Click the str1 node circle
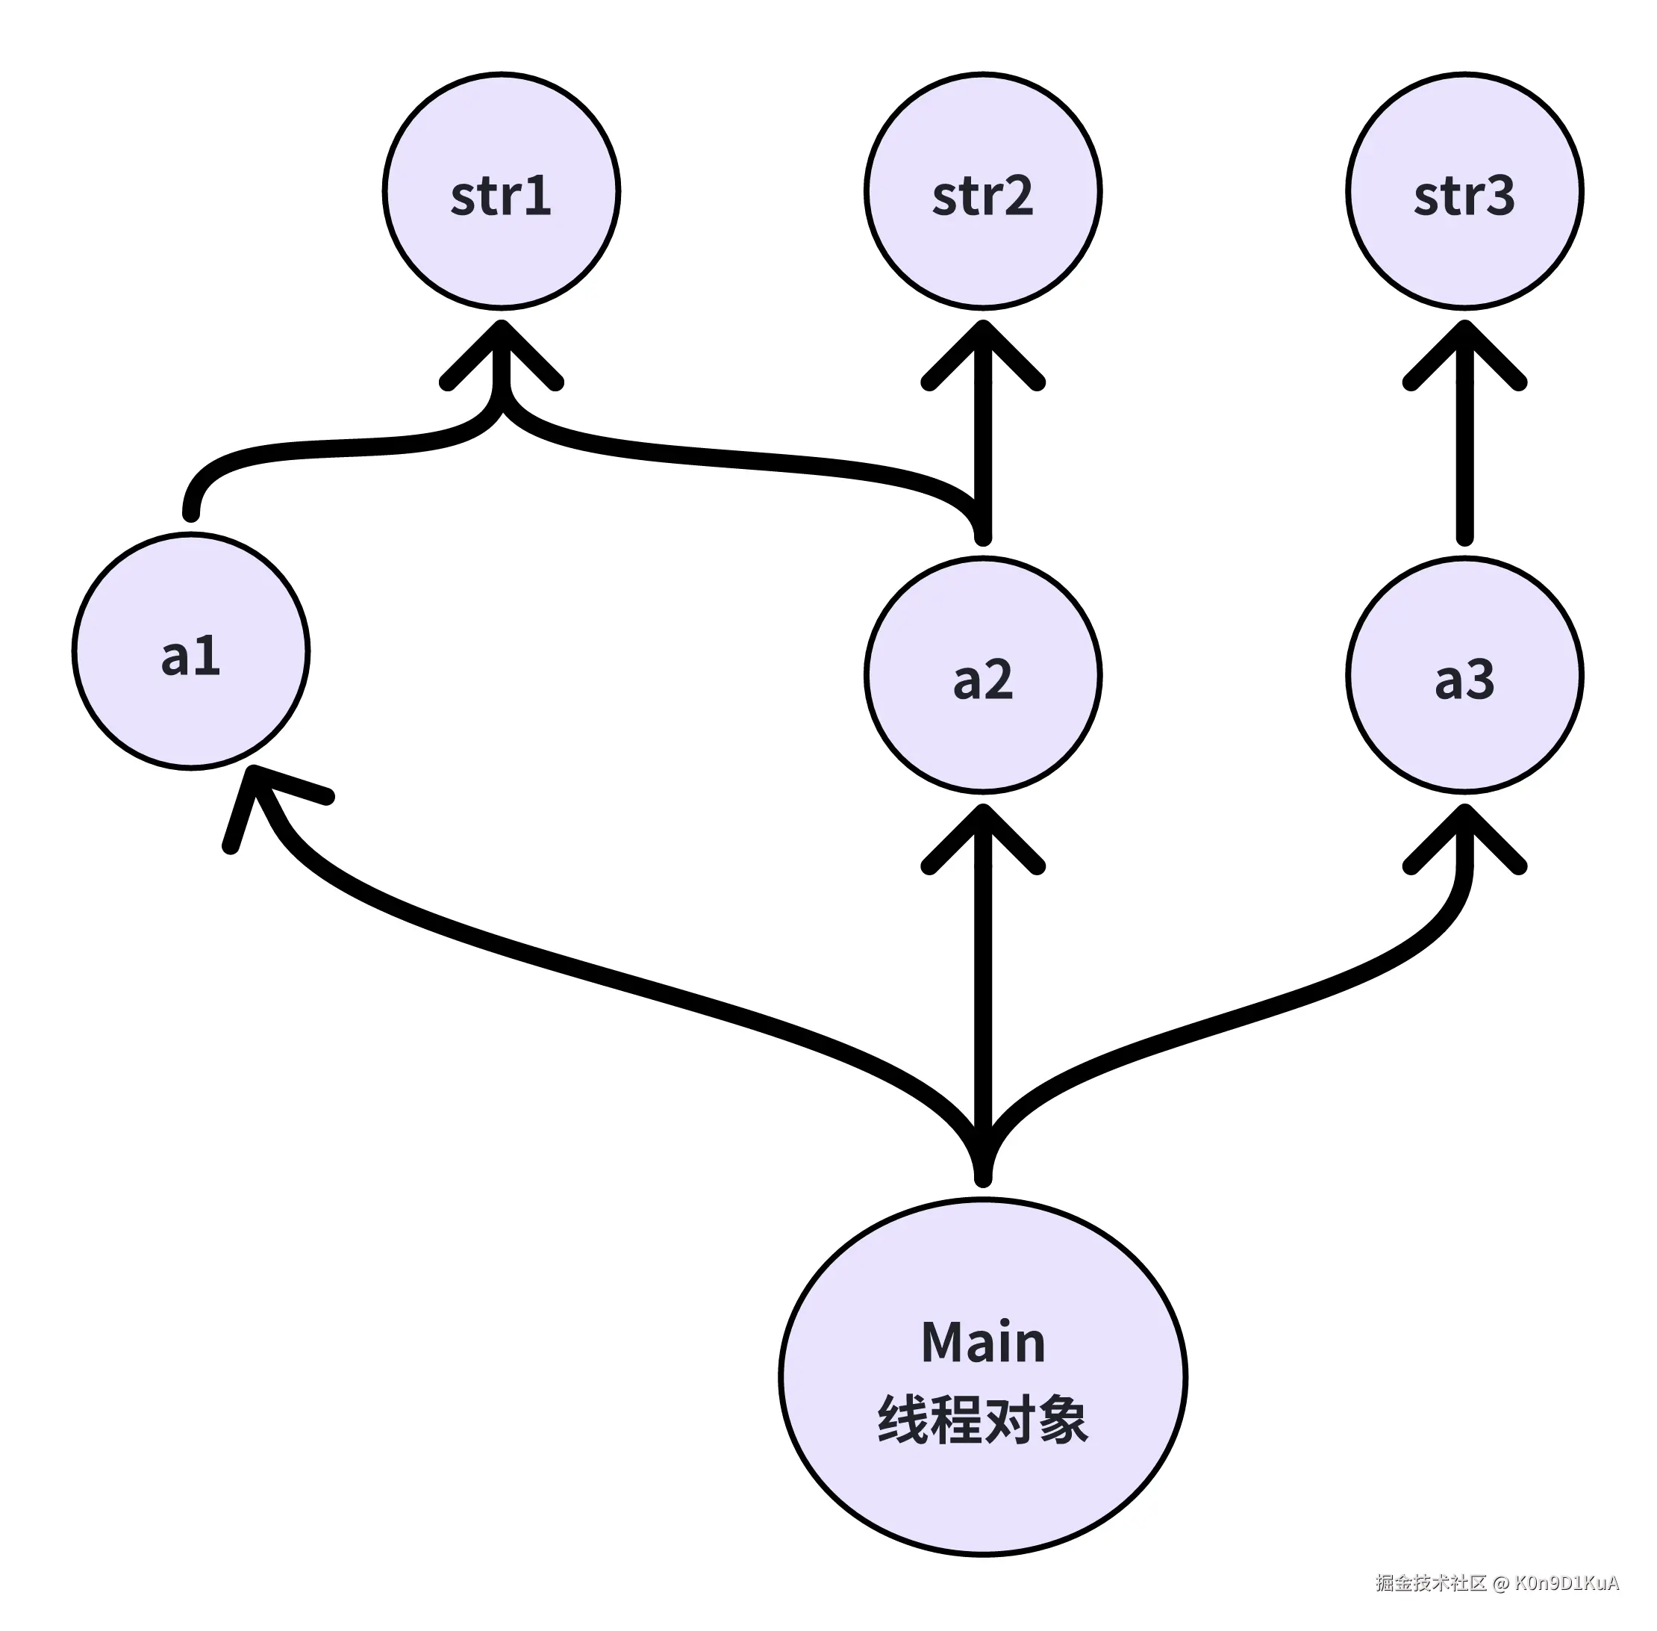pos(501,191)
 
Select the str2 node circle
pos(982,191)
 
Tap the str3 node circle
pos(1464,191)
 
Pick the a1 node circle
pos(191,651)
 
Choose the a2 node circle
pos(982,675)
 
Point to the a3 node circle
pos(1464,675)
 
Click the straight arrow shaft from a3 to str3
pos(1464,462)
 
